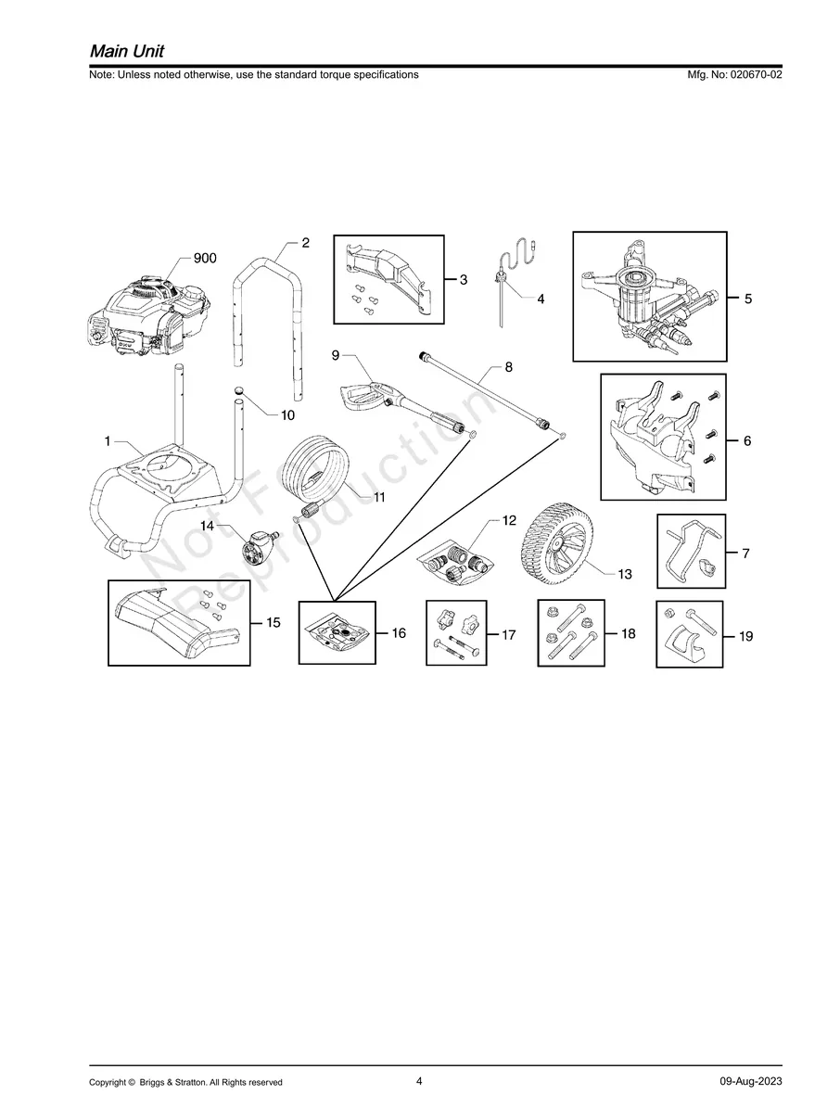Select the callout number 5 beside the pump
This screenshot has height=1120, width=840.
[748, 299]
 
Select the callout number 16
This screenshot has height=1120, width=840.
[399, 633]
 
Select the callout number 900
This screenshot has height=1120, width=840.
[205, 259]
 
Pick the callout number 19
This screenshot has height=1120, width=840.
[745, 636]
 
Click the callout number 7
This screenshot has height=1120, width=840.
[745, 554]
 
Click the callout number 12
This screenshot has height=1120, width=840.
[509, 520]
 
